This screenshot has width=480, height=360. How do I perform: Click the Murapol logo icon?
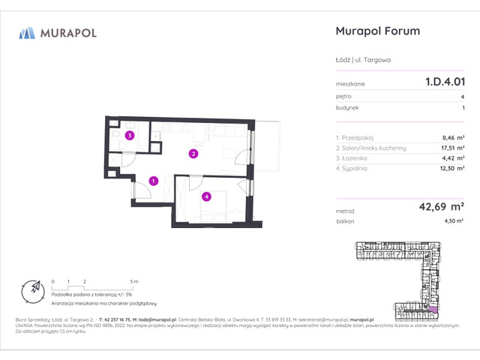click(27, 32)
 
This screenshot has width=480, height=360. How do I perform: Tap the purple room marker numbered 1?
click(153, 181)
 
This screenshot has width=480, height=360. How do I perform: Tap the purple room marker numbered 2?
click(193, 154)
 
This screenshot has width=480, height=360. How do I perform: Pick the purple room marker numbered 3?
click(130, 136)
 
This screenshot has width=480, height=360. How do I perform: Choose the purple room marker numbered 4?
click(206, 197)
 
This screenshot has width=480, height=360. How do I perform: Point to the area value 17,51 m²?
click(450, 148)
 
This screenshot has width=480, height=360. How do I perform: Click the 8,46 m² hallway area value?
click(451, 137)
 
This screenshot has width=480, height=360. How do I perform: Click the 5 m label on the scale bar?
click(133, 280)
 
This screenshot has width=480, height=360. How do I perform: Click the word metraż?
click(346, 211)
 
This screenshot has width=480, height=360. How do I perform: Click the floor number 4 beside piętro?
click(462, 96)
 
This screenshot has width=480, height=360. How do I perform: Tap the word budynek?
click(348, 108)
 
